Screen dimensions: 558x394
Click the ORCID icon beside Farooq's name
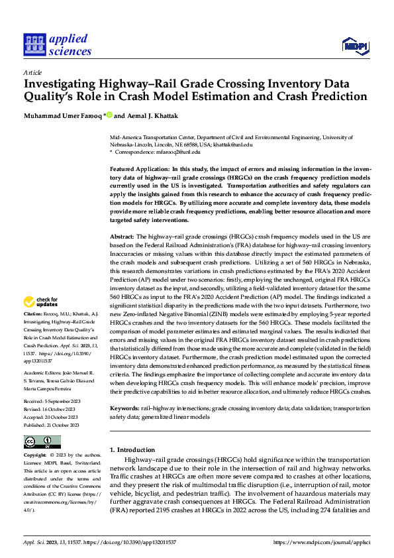tap(109, 115)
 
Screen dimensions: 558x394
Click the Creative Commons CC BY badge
tap(42, 442)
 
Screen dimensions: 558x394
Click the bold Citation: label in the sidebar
tap(32, 313)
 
